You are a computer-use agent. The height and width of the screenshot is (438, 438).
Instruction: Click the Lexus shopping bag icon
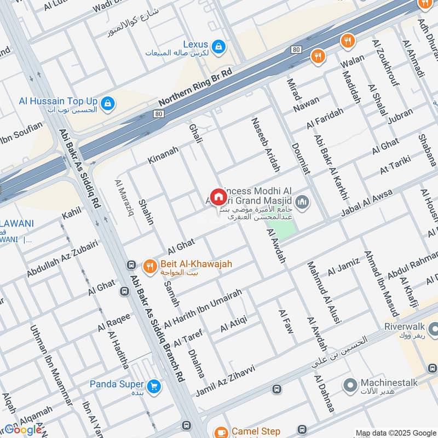coord(218,46)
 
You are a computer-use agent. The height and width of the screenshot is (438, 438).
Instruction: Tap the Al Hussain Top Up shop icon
coord(108,103)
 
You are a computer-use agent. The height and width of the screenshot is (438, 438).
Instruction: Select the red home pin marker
coord(218,197)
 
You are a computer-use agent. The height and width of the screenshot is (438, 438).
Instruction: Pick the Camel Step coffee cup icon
coord(221,432)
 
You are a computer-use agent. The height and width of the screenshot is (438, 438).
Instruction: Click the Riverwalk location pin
coord(433,329)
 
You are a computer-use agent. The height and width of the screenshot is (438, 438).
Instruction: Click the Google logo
coord(23,430)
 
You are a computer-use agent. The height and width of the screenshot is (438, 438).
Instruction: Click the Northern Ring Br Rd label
coord(195,87)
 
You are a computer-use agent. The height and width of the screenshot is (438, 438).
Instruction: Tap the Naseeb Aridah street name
coord(265,144)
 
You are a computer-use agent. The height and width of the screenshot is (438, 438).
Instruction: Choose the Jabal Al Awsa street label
coord(367,203)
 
